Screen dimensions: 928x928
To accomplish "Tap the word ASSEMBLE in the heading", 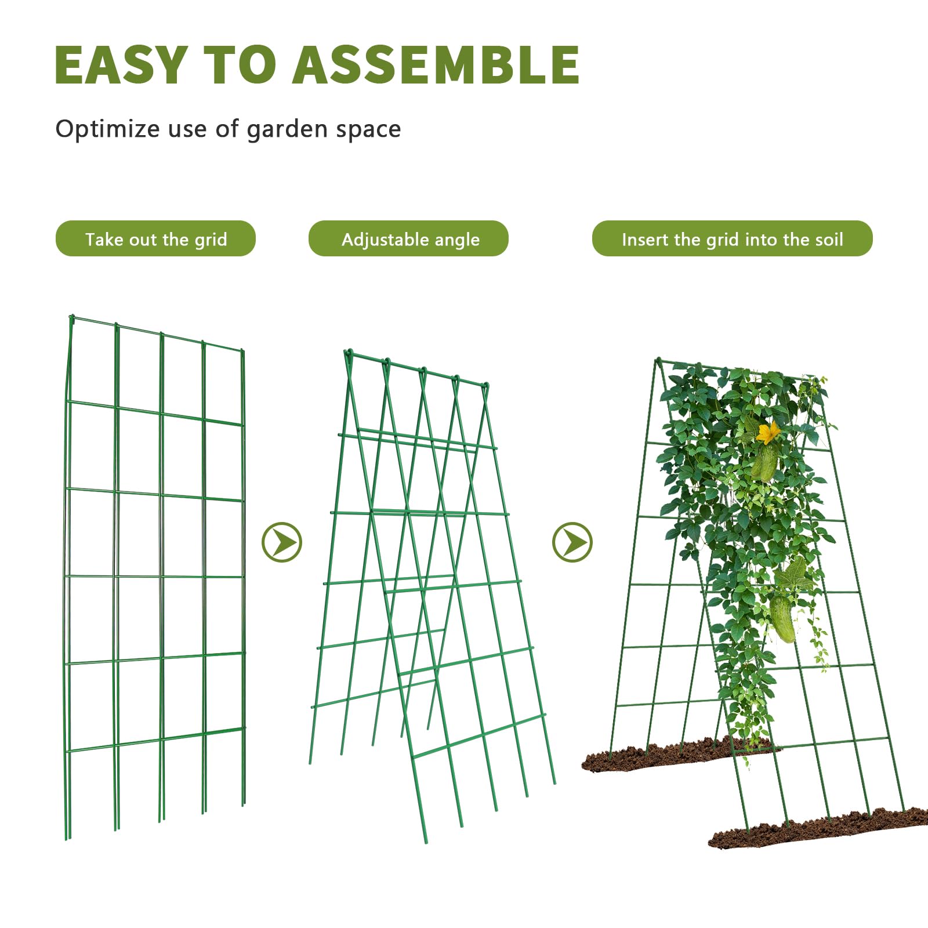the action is (436, 65).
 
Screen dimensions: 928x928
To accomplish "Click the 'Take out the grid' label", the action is (155, 238).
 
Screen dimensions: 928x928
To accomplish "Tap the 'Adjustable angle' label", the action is (408, 238).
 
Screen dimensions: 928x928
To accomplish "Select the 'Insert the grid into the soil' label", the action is (732, 238).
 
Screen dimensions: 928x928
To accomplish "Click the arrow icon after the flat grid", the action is (282, 542).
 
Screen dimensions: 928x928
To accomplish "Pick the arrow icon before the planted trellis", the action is (572, 542).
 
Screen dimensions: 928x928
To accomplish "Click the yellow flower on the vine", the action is (768, 433).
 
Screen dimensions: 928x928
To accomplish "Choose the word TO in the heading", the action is (240, 65).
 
